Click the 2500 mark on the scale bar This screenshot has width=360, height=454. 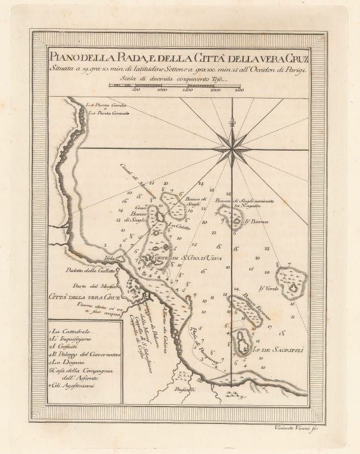point(239,92)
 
